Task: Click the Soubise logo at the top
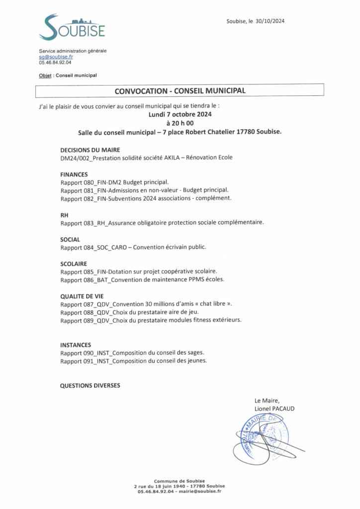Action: tap(72, 27)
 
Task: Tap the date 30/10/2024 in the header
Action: tap(270, 21)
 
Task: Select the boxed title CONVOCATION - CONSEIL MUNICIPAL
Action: tap(180, 90)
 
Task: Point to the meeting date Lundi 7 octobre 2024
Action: tap(180, 114)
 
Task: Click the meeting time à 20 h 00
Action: tap(180, 123)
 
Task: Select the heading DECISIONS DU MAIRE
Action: tap(90, 150)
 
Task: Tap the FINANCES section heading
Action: tap(74, 174)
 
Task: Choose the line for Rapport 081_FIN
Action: tap(145, 190)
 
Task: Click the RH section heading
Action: tap(64, 215)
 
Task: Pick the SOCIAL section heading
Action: tap(70, 239)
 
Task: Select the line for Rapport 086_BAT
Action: tap(142, 280)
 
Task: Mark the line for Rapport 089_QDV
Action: tap(151, 321)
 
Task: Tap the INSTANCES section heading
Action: tap(76, 344)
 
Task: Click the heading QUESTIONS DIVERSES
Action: tap(90, 385)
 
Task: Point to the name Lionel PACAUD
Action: tap(274, 409)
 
